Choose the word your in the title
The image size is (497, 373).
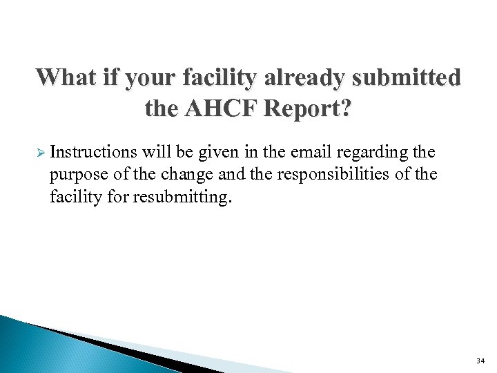tap(157, 77)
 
